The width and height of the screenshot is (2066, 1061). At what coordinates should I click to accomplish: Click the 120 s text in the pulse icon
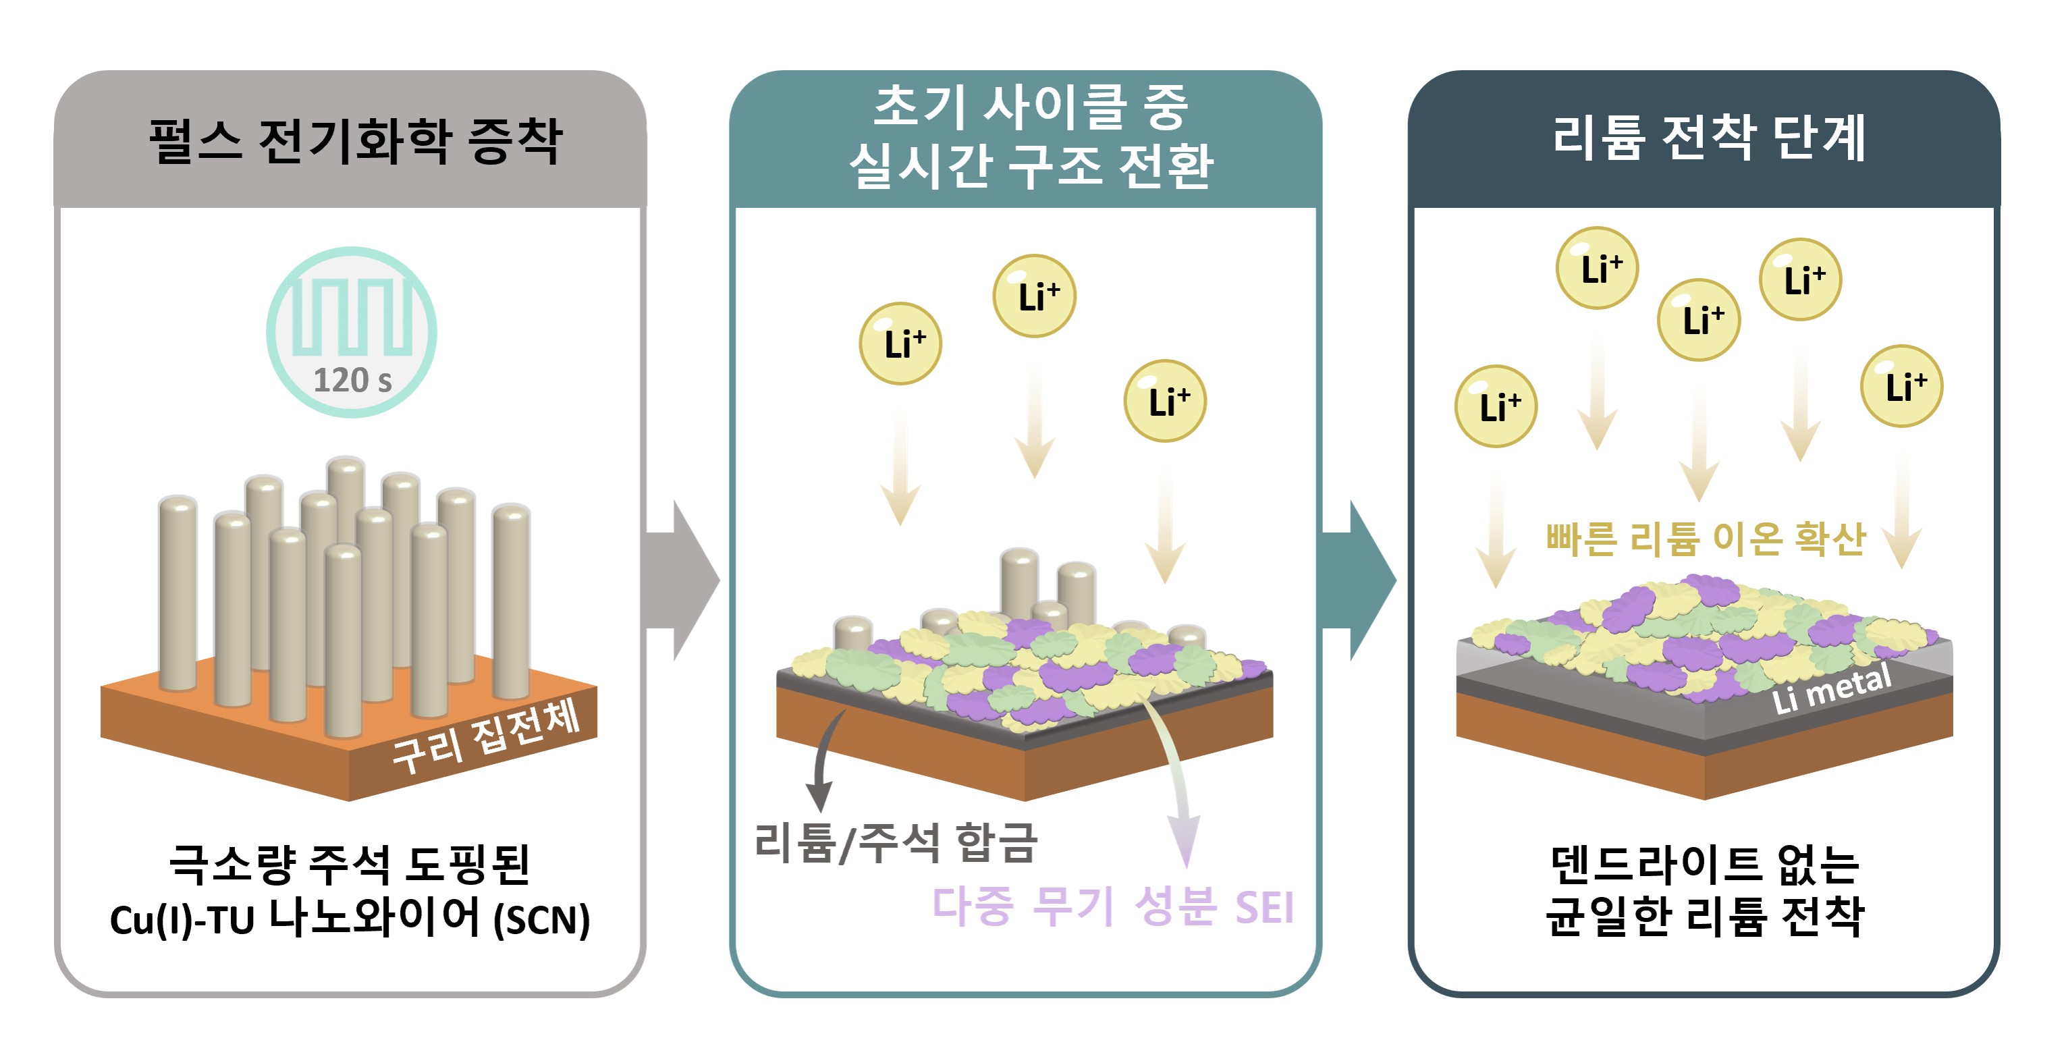(352, 380)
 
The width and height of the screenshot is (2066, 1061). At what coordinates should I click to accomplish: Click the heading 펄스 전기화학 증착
(355, 141)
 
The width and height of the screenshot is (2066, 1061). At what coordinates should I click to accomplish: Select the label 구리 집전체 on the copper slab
(486, 736)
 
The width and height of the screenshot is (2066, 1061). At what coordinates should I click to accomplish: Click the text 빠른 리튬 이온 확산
(1706, 539)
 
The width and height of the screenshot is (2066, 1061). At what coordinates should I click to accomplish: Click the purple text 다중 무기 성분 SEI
(1112, 907)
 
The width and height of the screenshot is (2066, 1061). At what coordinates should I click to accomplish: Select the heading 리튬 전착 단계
(1709, 138)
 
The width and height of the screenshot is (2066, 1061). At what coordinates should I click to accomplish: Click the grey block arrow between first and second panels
(682, 580)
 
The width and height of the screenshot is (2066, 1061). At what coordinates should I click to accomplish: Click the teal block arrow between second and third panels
(1359, 580)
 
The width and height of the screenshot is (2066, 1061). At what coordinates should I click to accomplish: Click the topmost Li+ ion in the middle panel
(1035, 296)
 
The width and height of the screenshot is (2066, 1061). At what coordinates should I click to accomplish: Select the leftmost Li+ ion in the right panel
(1496, 406)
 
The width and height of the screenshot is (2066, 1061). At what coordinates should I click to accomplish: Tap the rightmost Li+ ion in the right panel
(1901, 387)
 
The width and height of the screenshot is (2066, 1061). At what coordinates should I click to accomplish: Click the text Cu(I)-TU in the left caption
(182, 920)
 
